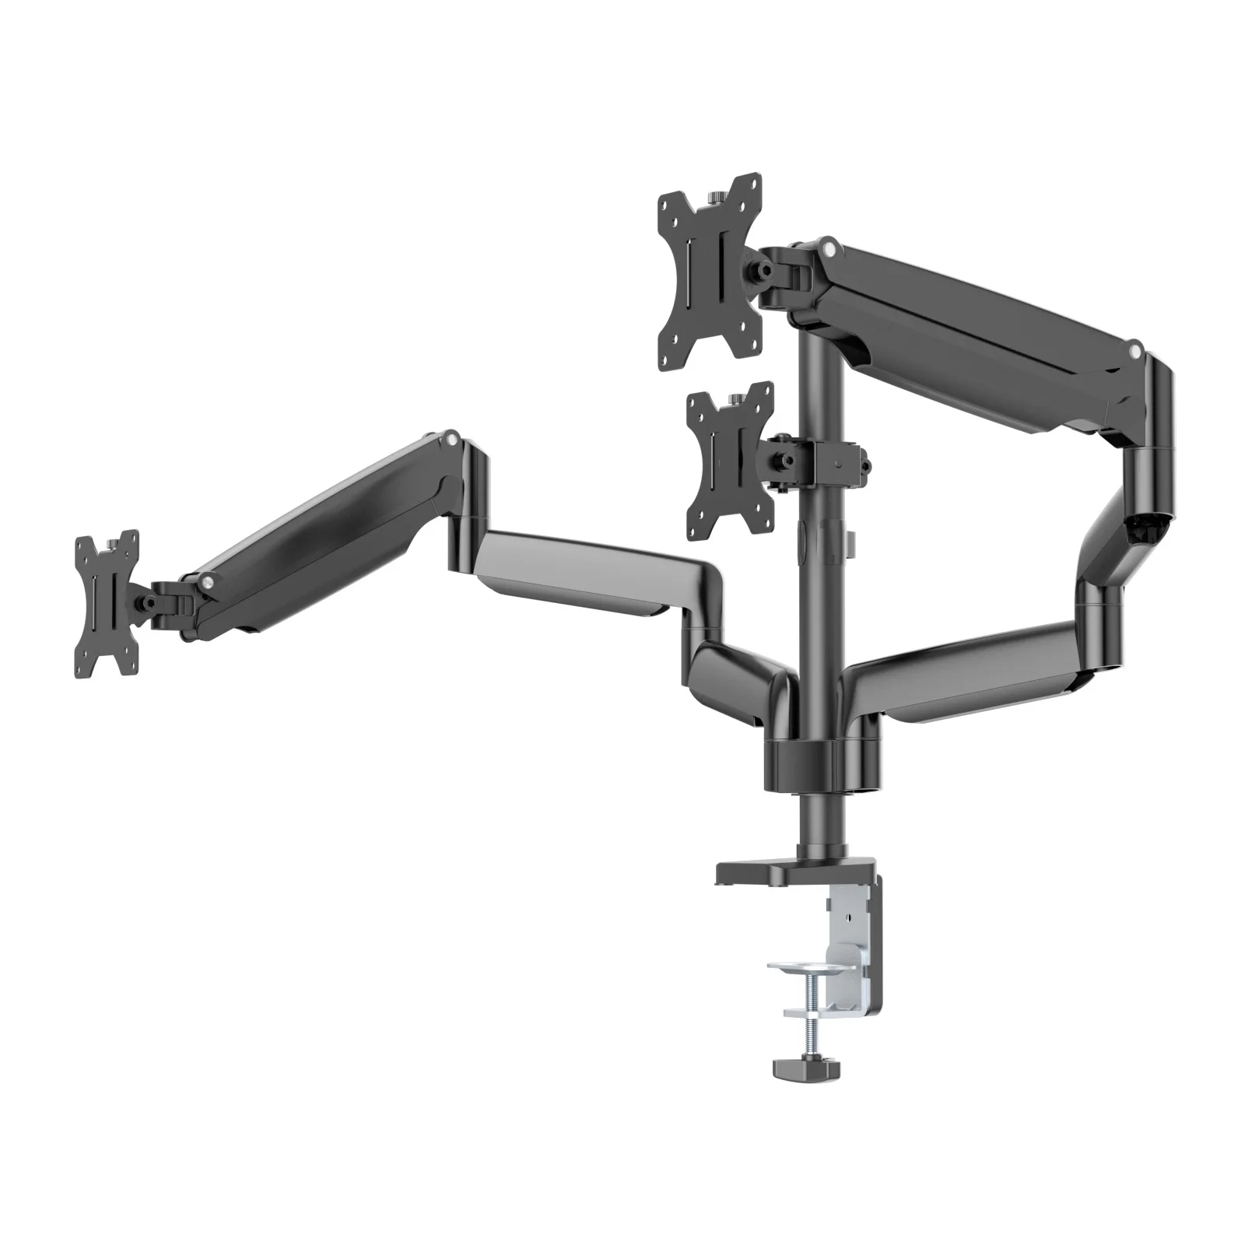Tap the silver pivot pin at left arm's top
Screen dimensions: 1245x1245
[x=450, y=440]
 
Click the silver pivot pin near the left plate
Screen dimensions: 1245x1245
[x=207, y=579]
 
